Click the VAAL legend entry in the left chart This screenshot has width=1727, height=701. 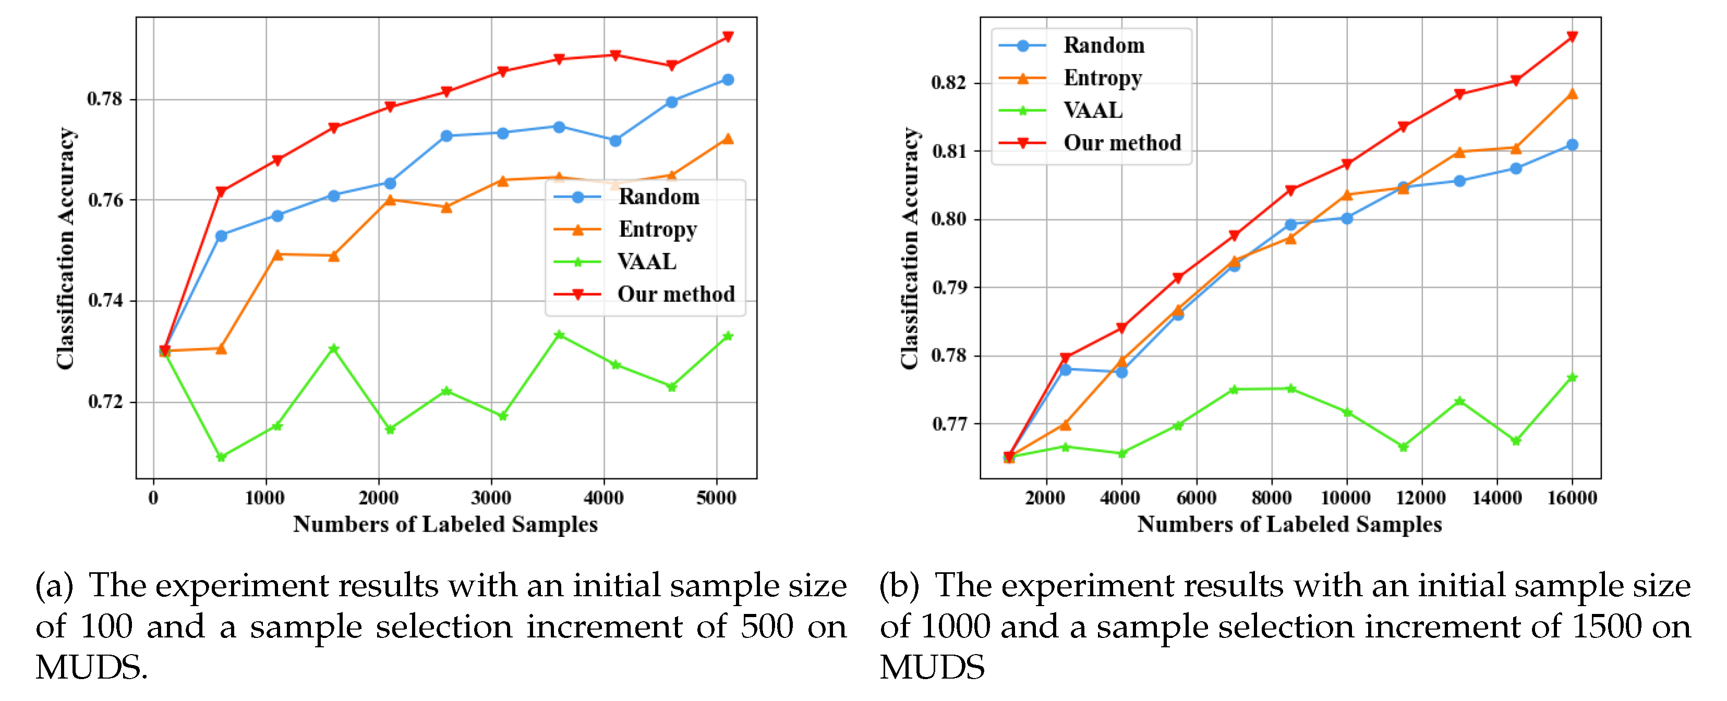point(646,261)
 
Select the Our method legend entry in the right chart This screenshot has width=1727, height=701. point(1121,143)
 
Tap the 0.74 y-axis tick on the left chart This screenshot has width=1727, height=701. point(105,300)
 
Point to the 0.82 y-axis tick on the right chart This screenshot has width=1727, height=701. point(949,83)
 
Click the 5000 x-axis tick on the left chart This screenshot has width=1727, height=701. point(716,498)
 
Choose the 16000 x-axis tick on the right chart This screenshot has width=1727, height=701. point(1572,498)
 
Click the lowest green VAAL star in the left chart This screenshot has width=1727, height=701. point(221,457)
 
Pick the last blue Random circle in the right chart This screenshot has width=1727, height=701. point(1572,145)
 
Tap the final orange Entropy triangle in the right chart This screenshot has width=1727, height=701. point(1572,94)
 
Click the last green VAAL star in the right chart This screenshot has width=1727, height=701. point(1572,378)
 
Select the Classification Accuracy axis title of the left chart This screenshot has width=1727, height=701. point(65,248)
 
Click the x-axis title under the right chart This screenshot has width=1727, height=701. point(1288,524)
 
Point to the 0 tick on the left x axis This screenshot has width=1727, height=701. point(153,498)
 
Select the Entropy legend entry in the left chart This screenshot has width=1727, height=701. point(657,229)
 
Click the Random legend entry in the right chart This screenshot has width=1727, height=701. point(1104,45)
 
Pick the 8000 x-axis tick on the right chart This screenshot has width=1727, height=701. point(1271,498)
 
